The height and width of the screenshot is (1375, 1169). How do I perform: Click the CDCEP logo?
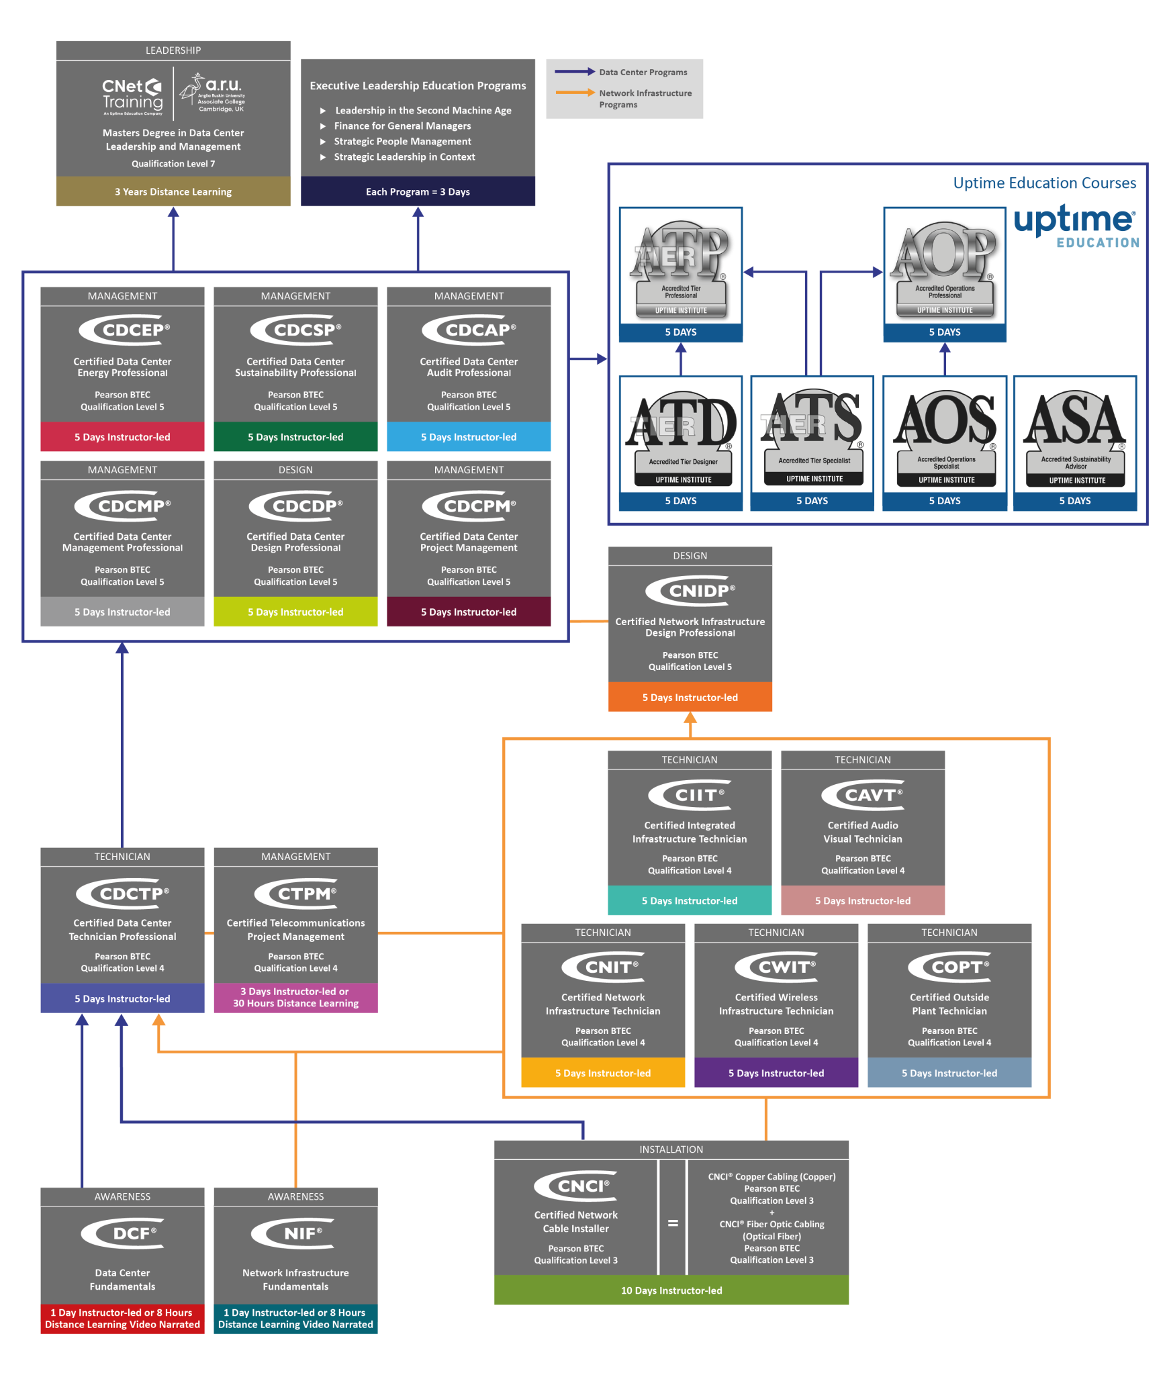(x=124, y=330)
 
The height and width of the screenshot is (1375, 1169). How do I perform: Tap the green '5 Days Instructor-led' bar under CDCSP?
(x=295, y=437)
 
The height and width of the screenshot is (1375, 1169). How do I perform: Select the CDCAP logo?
(x=469, y=330)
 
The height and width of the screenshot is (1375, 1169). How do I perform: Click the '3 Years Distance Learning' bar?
(x=173, y=192)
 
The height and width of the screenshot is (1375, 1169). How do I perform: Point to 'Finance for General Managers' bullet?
(x=402, y=126)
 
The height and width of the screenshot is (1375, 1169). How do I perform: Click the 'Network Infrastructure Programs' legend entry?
(x=624, y=98)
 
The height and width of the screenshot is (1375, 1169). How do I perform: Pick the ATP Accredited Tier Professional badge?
(x=680, y=269)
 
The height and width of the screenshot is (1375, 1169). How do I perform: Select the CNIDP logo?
(x=690, y=591)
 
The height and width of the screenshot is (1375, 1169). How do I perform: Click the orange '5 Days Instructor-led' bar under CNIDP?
(x=690, y=698)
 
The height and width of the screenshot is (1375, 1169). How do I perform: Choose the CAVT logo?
(x=863, y=795)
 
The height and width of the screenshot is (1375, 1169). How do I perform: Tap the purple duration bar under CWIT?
(x=776, y=1073)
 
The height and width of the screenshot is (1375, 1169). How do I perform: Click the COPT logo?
(x=949, y=967)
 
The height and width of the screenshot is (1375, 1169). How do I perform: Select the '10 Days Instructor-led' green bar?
(x=671, y=1290)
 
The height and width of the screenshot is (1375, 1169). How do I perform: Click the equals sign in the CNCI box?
(x=673, y=1223)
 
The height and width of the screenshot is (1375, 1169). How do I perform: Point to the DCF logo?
(x=123, y=1233)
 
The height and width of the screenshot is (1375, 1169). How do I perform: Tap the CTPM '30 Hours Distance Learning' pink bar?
(x=295, y=998)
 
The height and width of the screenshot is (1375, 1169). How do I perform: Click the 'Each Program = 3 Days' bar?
(x=418, y=192)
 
